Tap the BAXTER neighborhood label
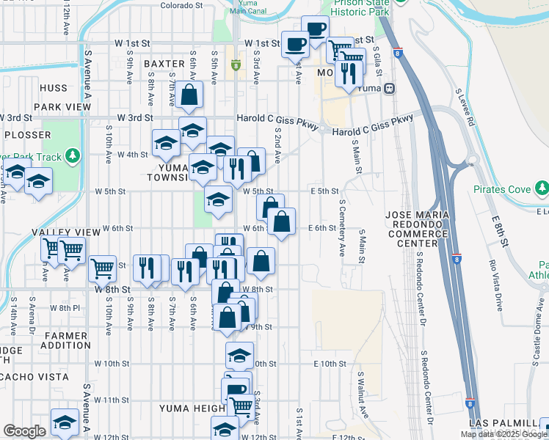(x=164, y=65)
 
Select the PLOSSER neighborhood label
(x=28, y=136)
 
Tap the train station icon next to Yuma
(x=390, y=88)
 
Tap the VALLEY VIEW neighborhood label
(x=65, y=232)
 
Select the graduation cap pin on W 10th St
(x=239, y=354)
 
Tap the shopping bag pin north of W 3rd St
(x=189, y=95)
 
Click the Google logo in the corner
(x=24, y=431)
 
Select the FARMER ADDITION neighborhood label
(x=67, y=340)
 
